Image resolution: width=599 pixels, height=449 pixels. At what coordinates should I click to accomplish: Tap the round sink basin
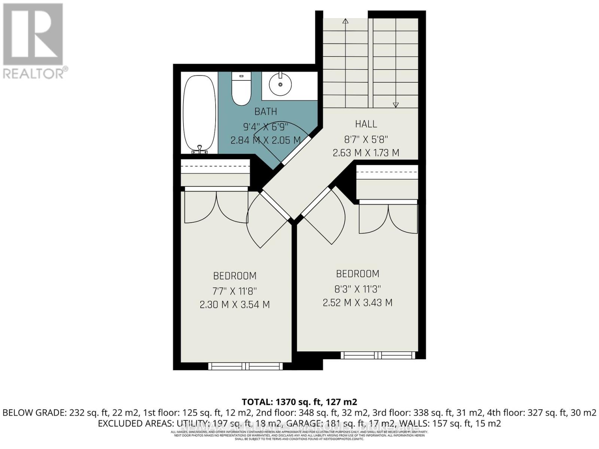(280, 85)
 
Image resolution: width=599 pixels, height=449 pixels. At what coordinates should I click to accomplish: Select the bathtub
(199, 112)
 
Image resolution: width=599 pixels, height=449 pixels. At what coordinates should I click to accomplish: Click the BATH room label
(266, 112)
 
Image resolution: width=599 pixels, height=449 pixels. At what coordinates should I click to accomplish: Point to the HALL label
(366, 124)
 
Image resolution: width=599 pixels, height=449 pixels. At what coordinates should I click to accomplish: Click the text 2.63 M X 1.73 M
(366, 153)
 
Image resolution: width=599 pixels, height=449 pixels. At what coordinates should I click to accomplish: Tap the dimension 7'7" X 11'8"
(235, 291)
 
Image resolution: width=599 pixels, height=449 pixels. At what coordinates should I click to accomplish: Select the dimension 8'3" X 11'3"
(358, 289)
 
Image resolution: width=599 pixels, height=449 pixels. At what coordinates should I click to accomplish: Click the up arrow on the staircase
(345, 21)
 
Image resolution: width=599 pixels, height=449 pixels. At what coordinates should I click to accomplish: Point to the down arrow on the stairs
(396, 105)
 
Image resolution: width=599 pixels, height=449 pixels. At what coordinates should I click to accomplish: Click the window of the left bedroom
(246, 366)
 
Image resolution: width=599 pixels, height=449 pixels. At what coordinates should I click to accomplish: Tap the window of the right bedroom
(378, 355)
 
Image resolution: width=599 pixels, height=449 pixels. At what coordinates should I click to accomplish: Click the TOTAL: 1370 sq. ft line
(299, 402)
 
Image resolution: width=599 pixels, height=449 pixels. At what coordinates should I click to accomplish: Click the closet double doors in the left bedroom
(216, 208)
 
